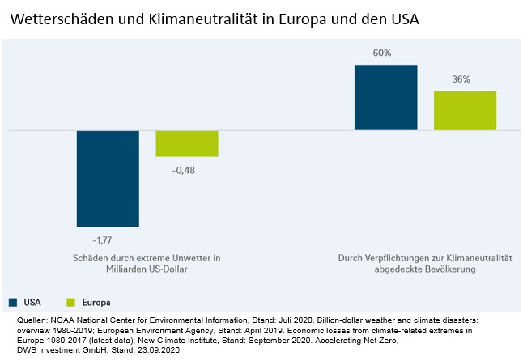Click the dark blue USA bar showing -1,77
(108, 178)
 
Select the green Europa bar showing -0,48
(187, 143)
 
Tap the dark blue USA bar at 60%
(386, 97)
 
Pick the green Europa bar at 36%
(465, 110)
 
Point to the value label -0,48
(185, 170)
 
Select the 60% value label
(383, 53)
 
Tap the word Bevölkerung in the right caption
(446, 269)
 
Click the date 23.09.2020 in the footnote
(163, 350)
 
